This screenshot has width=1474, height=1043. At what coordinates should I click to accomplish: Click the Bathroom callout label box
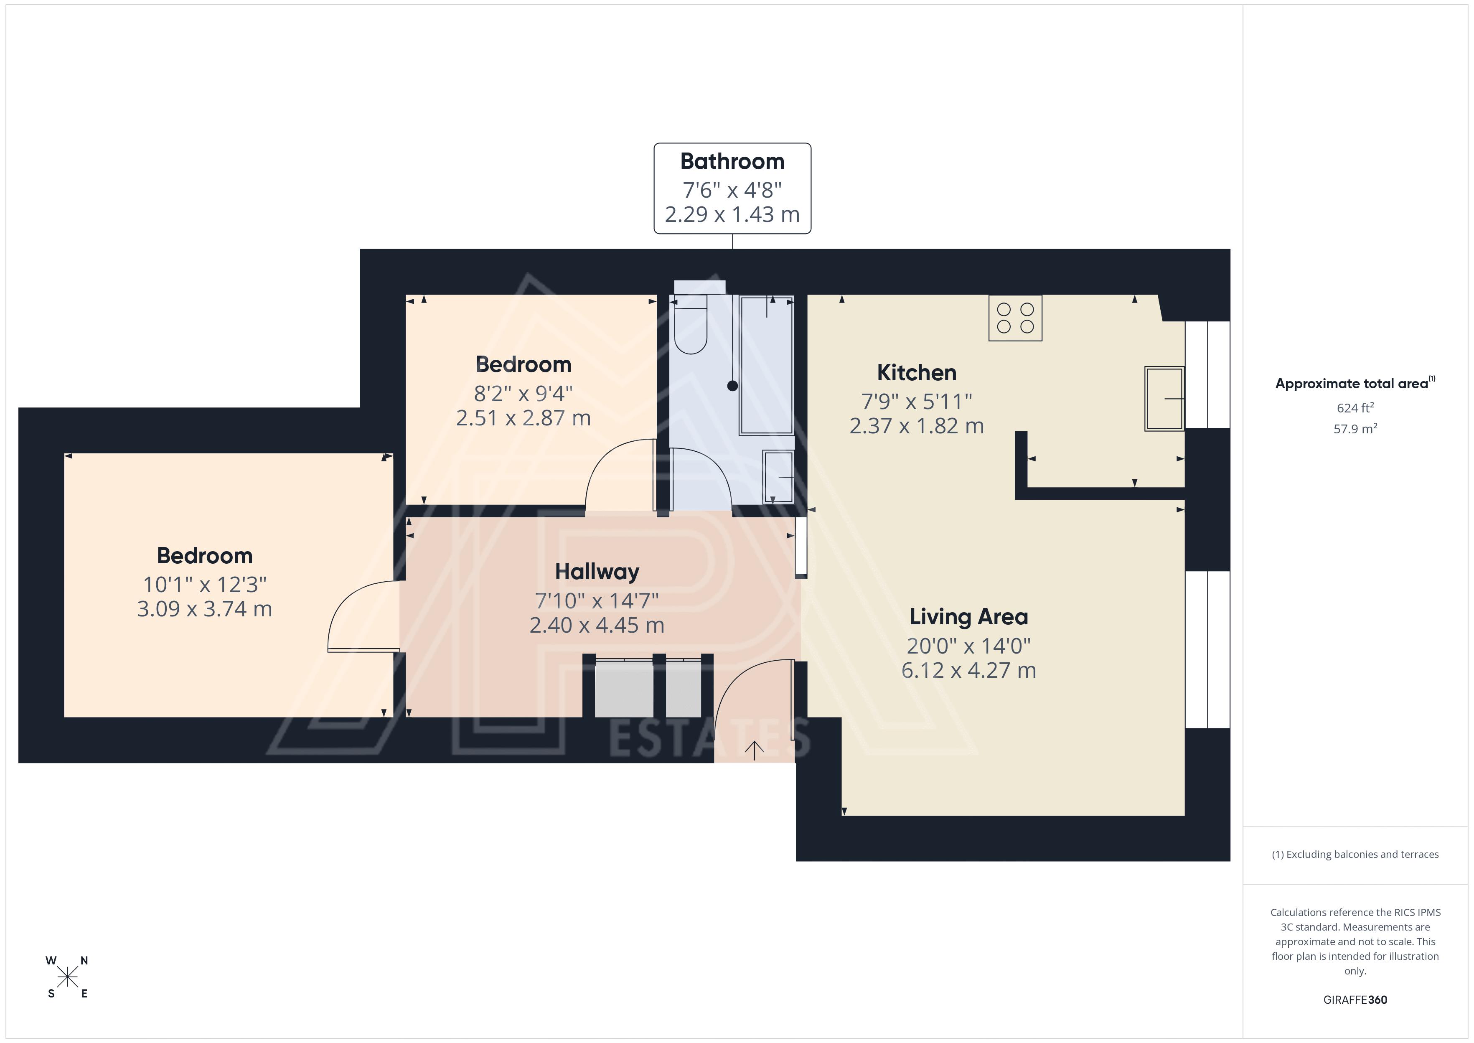pos(732,188)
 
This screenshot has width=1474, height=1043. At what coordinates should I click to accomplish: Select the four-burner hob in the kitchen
pos(1015,317)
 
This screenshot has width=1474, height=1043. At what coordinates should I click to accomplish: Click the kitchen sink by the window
pos(1164,398)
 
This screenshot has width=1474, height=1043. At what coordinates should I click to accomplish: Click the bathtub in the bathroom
pos(767,365)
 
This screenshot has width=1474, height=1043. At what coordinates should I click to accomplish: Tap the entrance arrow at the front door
pos(754,750)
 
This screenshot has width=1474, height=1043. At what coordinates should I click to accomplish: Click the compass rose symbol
pos(67,977)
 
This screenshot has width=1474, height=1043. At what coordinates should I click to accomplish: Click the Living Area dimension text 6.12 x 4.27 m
pos(969,670)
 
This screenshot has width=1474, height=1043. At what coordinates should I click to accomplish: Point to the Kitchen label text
pos(917,372)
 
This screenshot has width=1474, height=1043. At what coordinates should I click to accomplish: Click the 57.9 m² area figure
pos(1355,428)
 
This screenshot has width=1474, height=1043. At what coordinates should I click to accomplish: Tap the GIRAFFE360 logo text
pos(1355,999)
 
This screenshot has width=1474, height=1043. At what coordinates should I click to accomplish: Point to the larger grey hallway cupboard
pos(624,688)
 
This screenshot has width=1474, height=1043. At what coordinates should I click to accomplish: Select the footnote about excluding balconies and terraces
pos(1355,854)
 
